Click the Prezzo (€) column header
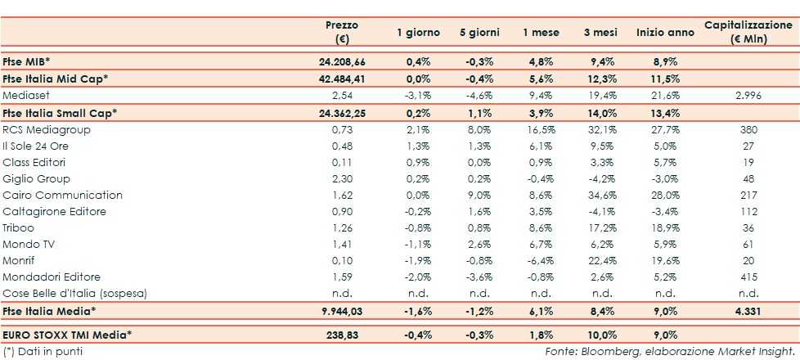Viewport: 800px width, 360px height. coord(341,32)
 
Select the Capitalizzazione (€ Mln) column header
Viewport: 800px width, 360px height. coord(748,32)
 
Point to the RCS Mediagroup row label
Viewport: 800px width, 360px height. coord(47,129)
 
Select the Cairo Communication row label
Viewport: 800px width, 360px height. coord(63,195)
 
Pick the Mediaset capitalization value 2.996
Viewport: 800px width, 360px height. coord(748,96)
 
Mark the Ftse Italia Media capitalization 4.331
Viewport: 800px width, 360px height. coord(748,311)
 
